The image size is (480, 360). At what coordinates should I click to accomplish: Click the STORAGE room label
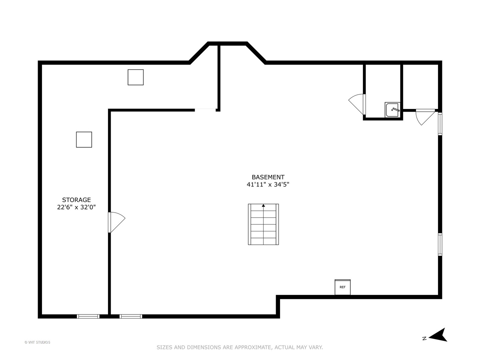click(x=76, y=200)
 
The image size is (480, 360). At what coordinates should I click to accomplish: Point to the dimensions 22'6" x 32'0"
click(x=76, y=207)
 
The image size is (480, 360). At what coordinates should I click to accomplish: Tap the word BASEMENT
click(x=268, y=177)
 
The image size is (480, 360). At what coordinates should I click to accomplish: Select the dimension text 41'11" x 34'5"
click(x=268, y=184)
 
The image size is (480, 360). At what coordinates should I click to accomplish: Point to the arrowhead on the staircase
click(x=263, y=206)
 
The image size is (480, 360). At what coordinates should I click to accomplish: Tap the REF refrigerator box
click(x=342, y=287)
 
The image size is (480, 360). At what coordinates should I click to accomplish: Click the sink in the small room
click(x=392, y=110)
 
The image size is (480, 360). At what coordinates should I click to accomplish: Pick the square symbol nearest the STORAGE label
click(x=84, y=139)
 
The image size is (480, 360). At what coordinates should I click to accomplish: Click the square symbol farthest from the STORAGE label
click(x=136, y=77)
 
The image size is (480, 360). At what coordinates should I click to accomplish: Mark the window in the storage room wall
click(x=88, y=316)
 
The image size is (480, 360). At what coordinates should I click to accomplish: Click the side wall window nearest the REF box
click(x=440, y=244)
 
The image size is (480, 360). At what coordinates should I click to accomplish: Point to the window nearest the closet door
click(x=440, y=124)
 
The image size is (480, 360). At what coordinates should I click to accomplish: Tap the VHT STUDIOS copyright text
click(x=37, y=342)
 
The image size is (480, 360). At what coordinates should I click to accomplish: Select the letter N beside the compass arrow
click(x=424, y=338)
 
